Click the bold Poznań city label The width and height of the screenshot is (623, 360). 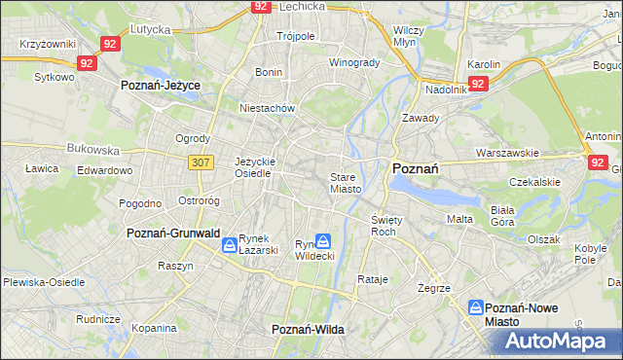tap(415, 168)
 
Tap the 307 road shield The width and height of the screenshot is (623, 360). tap(201, 162)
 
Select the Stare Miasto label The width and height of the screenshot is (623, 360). tap(346, 183)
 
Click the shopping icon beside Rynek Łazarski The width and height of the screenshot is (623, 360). tap(228, 245)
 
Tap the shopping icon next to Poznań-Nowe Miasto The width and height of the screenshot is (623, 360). tap(476, 307)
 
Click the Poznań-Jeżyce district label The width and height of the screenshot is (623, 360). tap(160, 86)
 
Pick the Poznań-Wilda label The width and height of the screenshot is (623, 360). tap(308, 330)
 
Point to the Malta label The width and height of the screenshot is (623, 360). tap(459, 219)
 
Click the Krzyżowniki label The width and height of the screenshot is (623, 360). tap(47, 45)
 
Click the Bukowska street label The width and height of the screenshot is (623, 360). tap(92, 151)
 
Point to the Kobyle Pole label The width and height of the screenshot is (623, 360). tap(591, 254)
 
